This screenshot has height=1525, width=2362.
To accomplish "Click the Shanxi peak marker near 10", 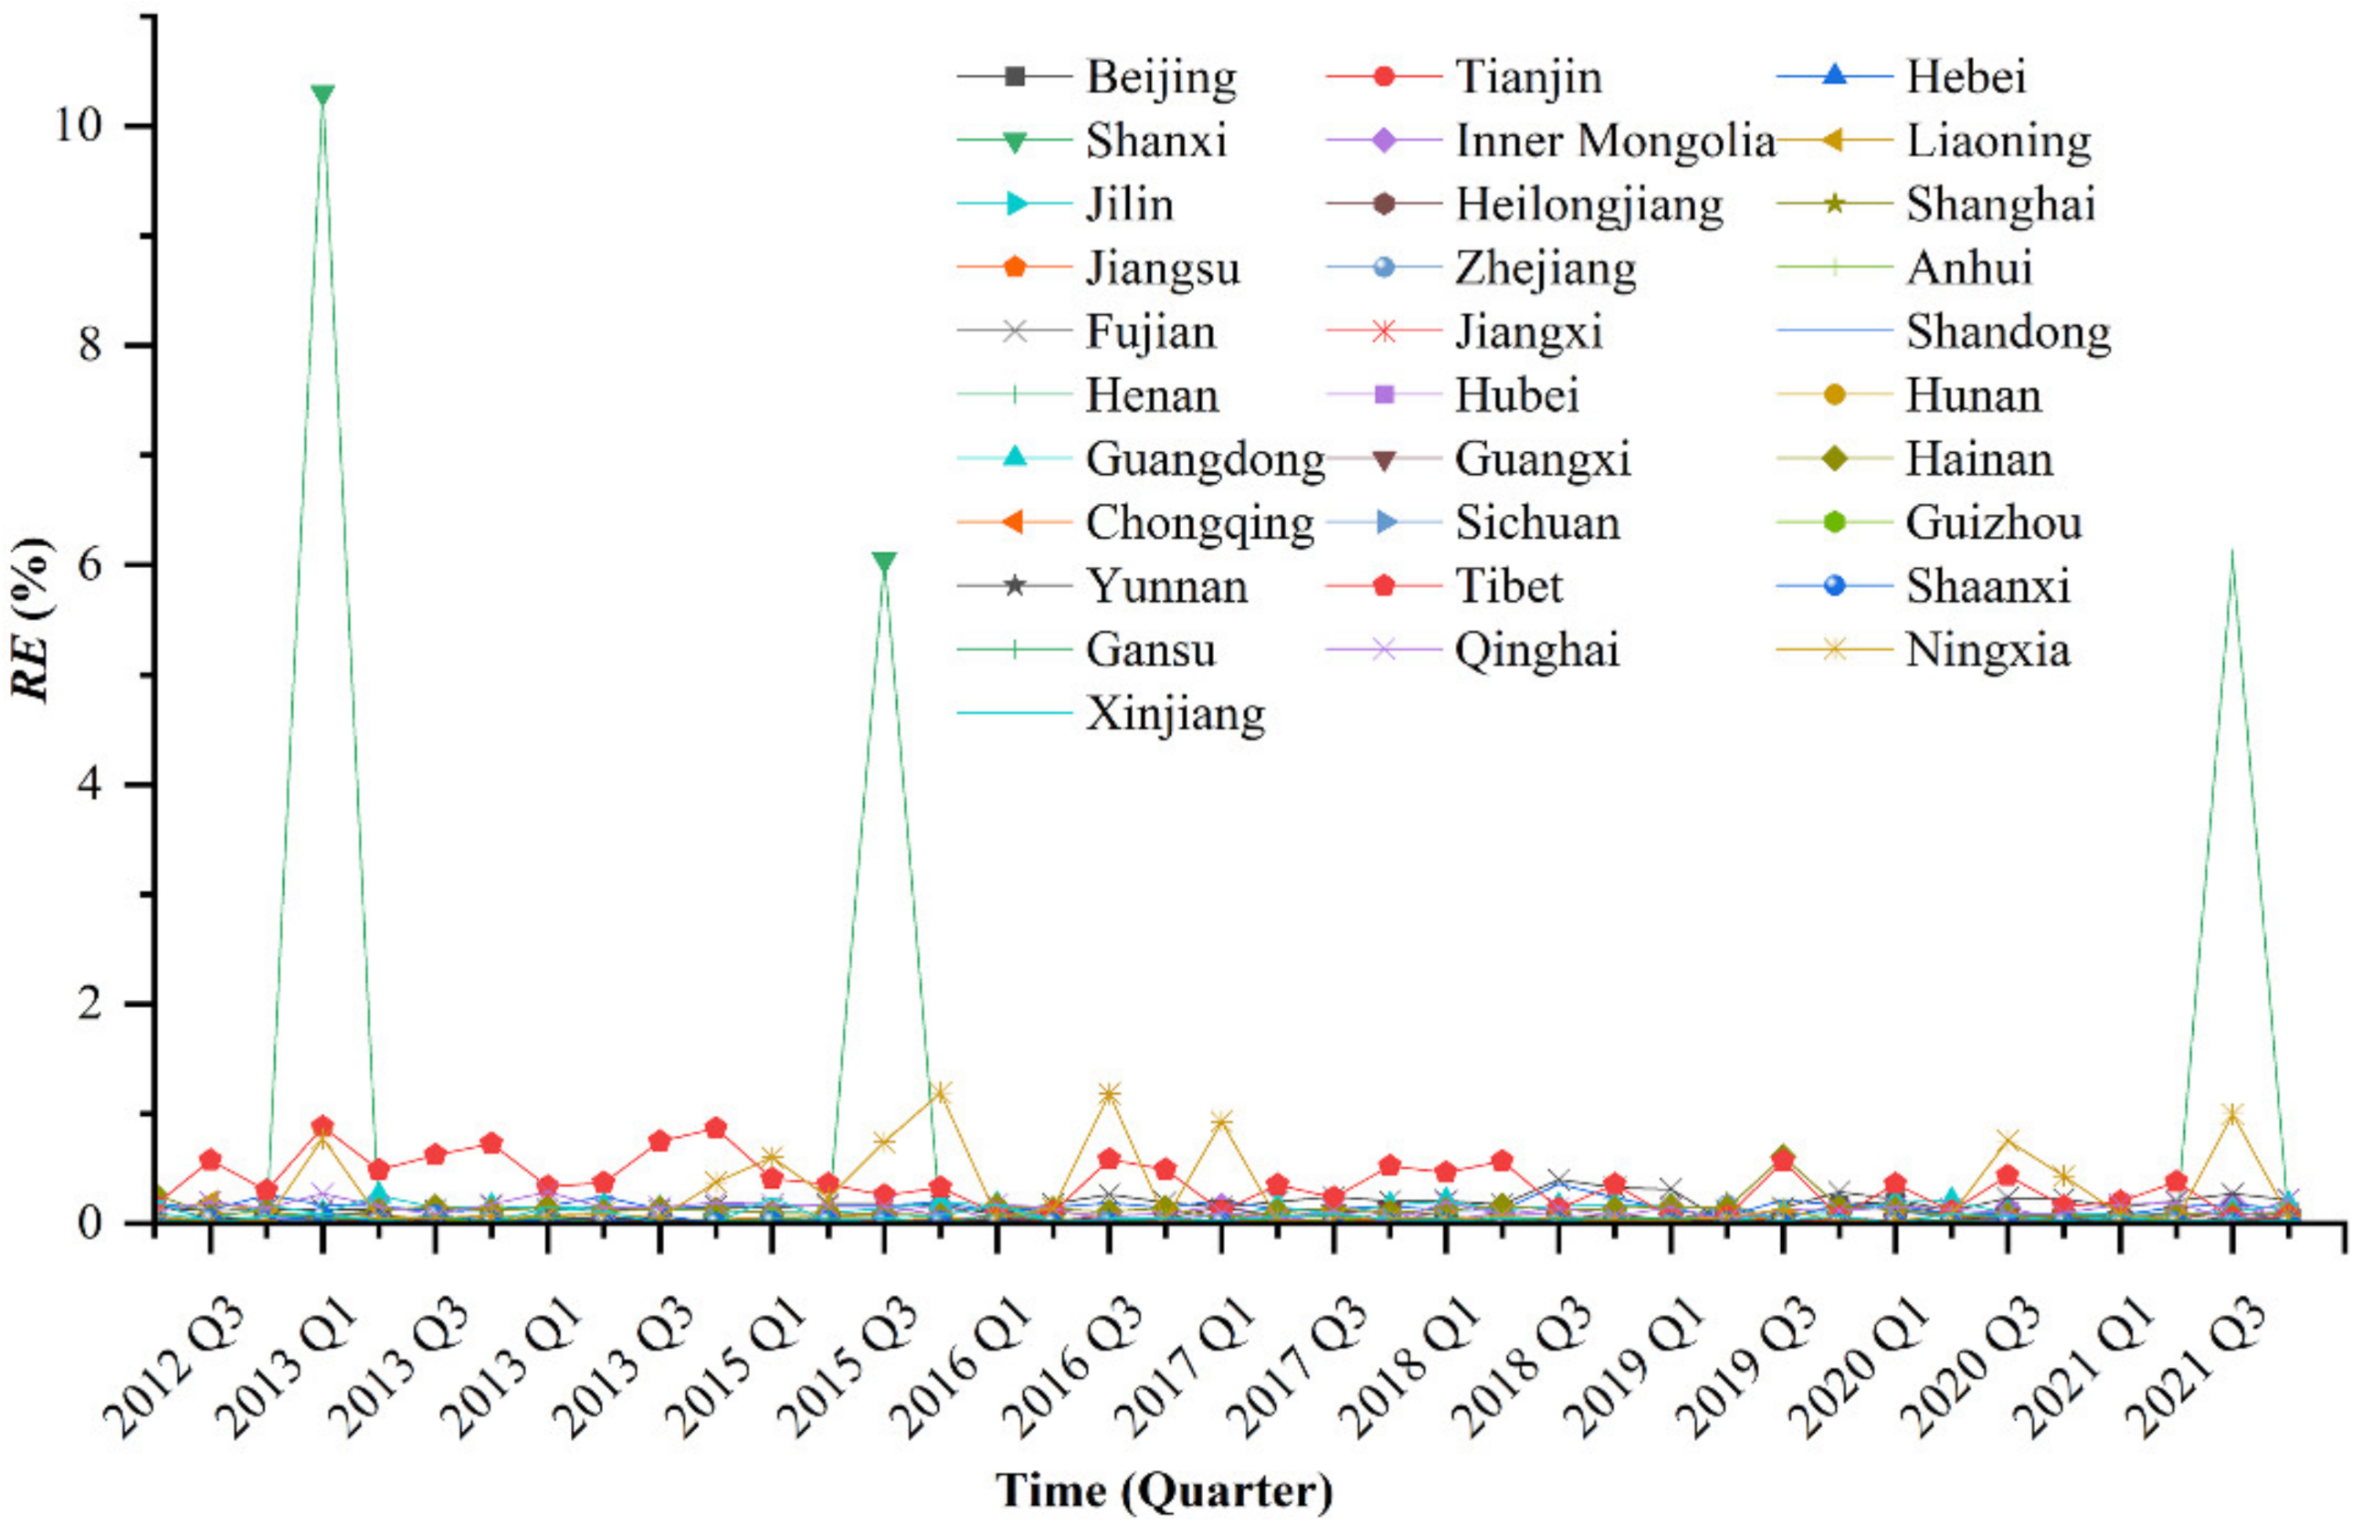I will click(322, 95).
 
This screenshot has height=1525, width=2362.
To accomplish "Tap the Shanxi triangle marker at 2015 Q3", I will click(884, 563).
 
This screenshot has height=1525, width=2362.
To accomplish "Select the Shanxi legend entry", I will click(1155, 141).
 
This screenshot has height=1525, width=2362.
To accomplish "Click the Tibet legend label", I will click(1508, 586).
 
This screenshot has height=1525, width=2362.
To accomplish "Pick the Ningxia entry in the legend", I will click(1987, 650).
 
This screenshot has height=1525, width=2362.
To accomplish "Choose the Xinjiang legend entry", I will click(1175, 714).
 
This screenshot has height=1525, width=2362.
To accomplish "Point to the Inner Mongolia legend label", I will click(1614, 141).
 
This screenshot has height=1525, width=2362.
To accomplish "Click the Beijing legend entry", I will click(1160, 78).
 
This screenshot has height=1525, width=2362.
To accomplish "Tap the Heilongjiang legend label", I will click(1588, 205).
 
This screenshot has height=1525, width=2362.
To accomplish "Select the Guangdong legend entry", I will click(1204, 459).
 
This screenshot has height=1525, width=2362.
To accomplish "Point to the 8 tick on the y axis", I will click(91, 345).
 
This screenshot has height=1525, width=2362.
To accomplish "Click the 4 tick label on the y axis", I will click(91, 784).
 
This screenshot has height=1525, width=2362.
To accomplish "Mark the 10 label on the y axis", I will click(79, 126).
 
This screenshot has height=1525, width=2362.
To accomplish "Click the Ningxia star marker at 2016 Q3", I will click(1109, 1094).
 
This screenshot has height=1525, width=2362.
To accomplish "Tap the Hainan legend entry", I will click(1977, 459).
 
